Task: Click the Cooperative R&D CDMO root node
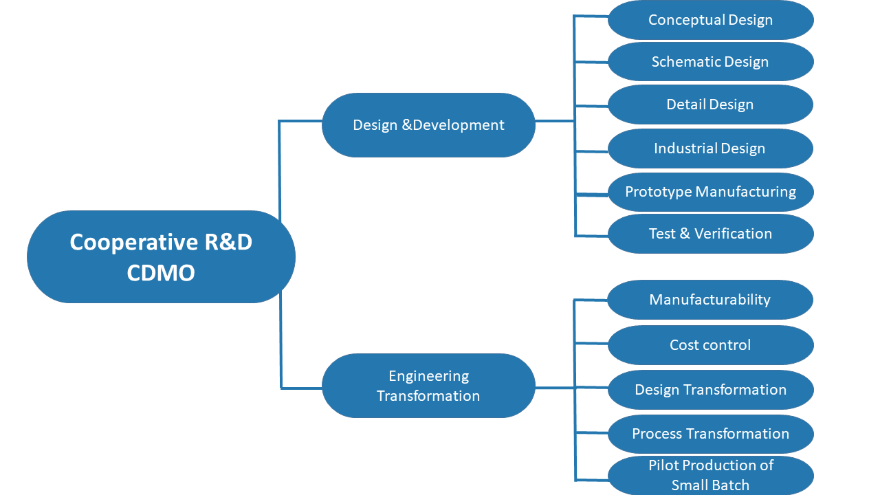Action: [x=161, y=256]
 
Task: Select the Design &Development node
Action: [x=428, y=125]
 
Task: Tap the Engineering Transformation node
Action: [x=428, y=386]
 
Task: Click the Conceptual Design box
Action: [x=711, y=20]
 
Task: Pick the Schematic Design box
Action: [x=711, y=62]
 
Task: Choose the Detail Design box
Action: [x=711, y=104]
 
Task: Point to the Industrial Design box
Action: [x=711, y=148]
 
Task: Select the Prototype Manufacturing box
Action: [x=711, y=192]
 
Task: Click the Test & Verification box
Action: [x=711, y=234]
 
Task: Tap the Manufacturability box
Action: [x=711, y=300]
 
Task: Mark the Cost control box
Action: [x=711, y=345]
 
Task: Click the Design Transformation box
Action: [x=711, y=390]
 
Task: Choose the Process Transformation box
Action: [x=711, y=434]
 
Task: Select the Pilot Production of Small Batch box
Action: [x=711, y=475]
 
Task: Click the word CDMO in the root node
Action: [x=161, y=273]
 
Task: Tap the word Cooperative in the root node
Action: [x=133, y=243]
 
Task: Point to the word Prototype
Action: [x=659, y=192]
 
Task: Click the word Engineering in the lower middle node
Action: [x=429, y=376]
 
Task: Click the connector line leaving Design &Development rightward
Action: [x=555, y=121]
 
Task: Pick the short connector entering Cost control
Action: [x=592, y=343]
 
